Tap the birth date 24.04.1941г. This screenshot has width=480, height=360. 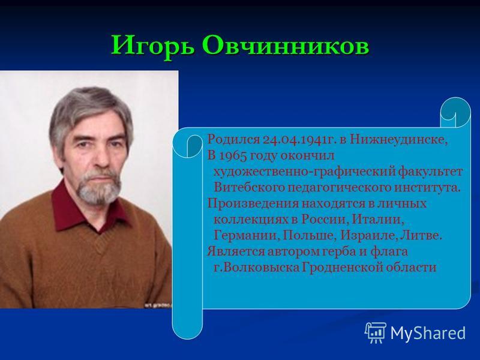coord(298,139)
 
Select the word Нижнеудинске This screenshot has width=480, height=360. coord(398,140)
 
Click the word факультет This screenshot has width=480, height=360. coord(430,172)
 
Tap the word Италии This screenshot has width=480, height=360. coord(377,220)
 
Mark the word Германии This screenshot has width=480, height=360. coord(246,236)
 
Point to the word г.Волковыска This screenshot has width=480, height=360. coord(257,268)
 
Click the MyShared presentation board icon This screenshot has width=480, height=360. coord(376,332)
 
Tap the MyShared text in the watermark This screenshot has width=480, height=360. coord(428,333)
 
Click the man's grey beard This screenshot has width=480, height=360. coord(98,187)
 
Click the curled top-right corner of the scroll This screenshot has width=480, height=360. coord(455,112)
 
